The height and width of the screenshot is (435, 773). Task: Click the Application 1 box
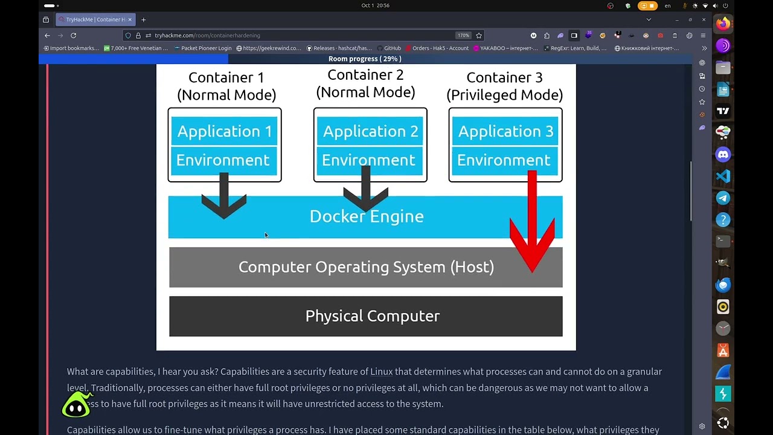click(224, 131)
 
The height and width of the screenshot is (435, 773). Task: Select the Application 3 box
click(505, 131)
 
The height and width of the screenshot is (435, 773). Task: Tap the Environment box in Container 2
click(368, 160)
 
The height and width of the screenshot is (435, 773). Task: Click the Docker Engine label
click(366, 216)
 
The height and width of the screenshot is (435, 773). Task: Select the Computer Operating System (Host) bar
click(366, 267)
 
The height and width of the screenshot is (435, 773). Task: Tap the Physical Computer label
click(372, 316)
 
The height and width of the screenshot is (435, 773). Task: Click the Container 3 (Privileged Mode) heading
click(504, 86)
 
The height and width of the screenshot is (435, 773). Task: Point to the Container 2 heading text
click(365, 83)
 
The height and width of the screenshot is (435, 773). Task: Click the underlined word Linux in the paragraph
click(381, 372)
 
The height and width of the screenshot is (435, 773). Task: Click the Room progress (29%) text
click(365, 59)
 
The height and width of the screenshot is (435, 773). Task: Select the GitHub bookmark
click(392, 48)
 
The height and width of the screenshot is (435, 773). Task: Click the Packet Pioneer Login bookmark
click(206, 48)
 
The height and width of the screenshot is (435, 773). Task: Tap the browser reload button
click(73, 36)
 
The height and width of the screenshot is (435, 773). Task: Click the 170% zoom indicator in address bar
click(463, 36)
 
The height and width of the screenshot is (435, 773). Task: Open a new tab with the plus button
click(143, 20)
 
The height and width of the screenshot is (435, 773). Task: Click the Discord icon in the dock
click(723, 155)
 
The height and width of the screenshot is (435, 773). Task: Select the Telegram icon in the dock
click(723, 198)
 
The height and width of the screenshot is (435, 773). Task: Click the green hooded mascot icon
click(77, 405)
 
